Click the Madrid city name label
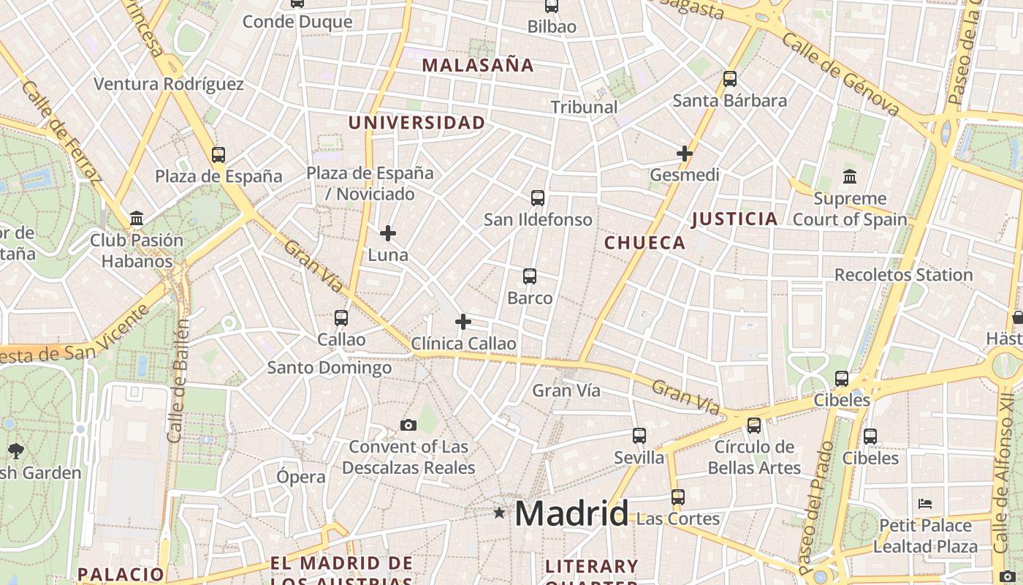(571, 513)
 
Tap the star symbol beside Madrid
(499, 513)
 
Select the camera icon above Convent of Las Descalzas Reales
(408, 425)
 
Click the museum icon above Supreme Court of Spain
(850, 176)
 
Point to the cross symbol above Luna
(388, 233)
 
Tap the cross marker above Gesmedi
(685, 154)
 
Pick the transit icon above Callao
(341, 318)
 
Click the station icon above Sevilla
(639, 436)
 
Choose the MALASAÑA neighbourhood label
(478, 65)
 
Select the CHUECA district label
(645, 243)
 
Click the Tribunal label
(584, 107)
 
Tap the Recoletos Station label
(903, 275)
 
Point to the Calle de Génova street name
(840, 72)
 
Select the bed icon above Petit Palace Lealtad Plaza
(925, 503)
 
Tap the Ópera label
(301, 477)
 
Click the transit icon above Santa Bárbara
(730, 79)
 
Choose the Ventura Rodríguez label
(169, 84)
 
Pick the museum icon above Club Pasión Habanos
(137, 218)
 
